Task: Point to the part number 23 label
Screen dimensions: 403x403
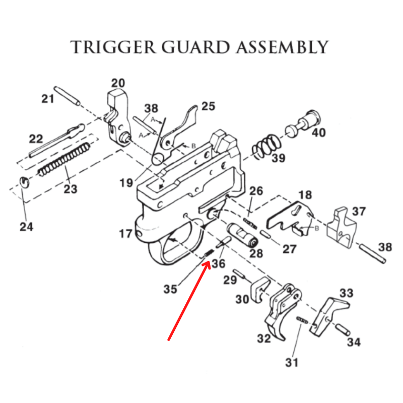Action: tap(70, 189)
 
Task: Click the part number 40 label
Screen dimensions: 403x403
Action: tap(319, 133)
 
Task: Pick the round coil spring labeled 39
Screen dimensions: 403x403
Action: tap(264, 146)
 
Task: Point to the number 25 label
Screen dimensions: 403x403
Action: tap(208, 106)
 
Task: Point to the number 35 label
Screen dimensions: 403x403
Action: tap(171, 289)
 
